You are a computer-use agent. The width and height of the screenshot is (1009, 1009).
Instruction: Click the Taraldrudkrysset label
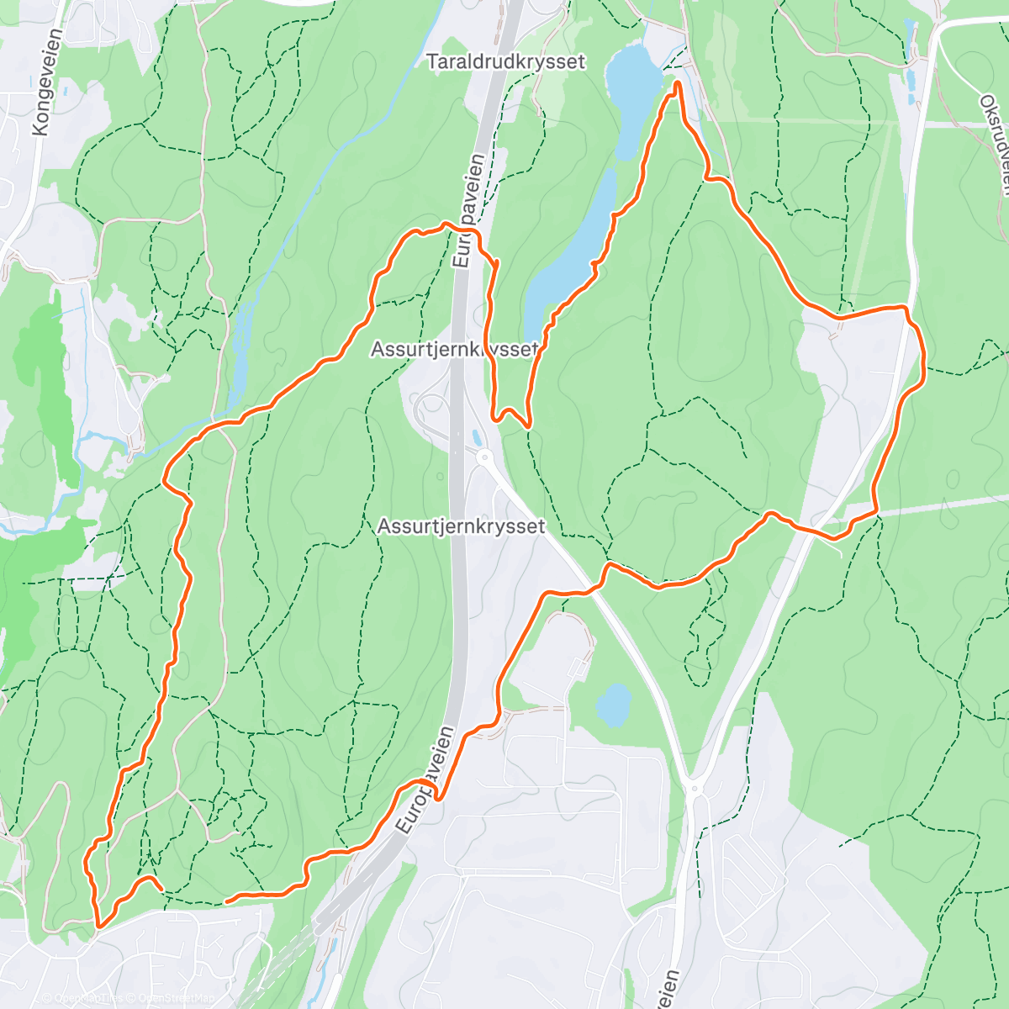coord(505,62)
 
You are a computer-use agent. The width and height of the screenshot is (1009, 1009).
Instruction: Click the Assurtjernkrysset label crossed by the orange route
coord(455,349)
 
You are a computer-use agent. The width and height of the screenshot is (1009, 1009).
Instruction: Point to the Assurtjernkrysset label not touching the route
coord(461,526)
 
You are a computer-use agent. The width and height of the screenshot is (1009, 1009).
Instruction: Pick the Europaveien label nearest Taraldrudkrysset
coord(468,210)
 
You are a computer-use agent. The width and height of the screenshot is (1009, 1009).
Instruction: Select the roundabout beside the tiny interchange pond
coord(483,457)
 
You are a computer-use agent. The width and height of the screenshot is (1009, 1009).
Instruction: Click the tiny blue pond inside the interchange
coord(476,438)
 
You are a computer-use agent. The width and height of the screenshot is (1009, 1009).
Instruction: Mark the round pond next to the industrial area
coord(614,703)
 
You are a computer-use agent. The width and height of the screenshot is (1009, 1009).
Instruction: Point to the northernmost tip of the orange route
coord(677,82)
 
